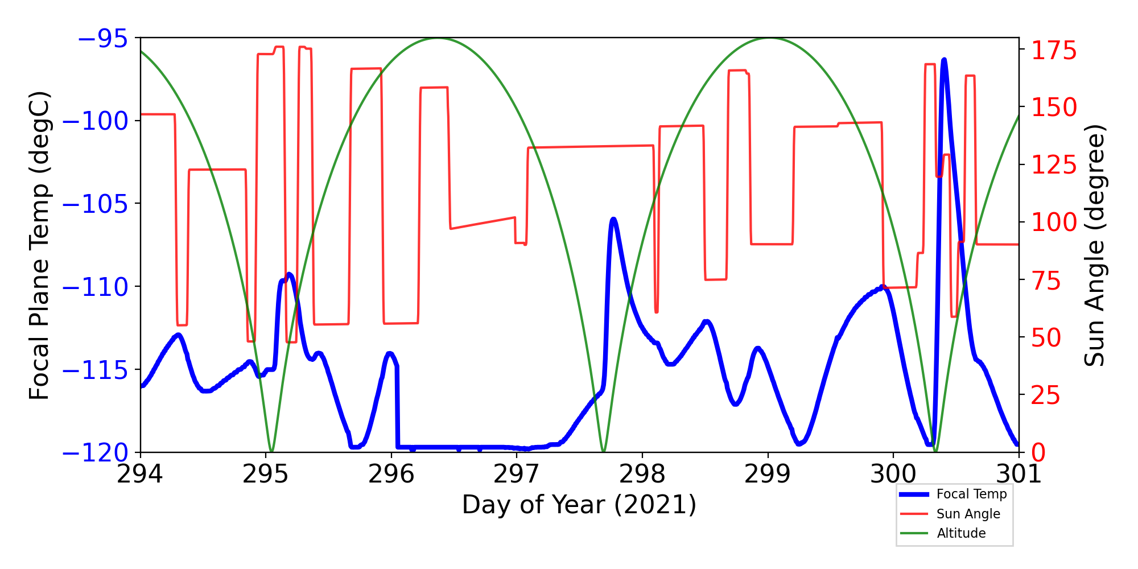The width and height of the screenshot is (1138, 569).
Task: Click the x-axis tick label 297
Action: pos(517,474)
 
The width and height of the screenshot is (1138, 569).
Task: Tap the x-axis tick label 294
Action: pos(140,474)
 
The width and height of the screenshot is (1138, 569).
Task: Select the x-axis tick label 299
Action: pos(768,474)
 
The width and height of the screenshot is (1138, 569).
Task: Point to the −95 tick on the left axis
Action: pos(102,39)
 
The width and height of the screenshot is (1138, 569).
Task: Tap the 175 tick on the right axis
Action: pos(1054,51)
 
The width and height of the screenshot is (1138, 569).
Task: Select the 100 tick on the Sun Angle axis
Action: pos(1054,222)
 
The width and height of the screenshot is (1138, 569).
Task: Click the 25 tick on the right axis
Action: pos(1046,395)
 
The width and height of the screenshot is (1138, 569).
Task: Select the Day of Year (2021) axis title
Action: pos(579,505)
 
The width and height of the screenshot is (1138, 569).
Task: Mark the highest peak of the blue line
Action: pos(944,60)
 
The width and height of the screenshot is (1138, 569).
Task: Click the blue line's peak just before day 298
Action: pos(613,219)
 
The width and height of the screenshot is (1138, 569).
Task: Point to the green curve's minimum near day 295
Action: pos(271,451)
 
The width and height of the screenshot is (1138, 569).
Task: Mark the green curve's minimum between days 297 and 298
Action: pos(604,451)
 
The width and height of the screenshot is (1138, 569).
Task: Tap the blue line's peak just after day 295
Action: pos(289,274)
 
